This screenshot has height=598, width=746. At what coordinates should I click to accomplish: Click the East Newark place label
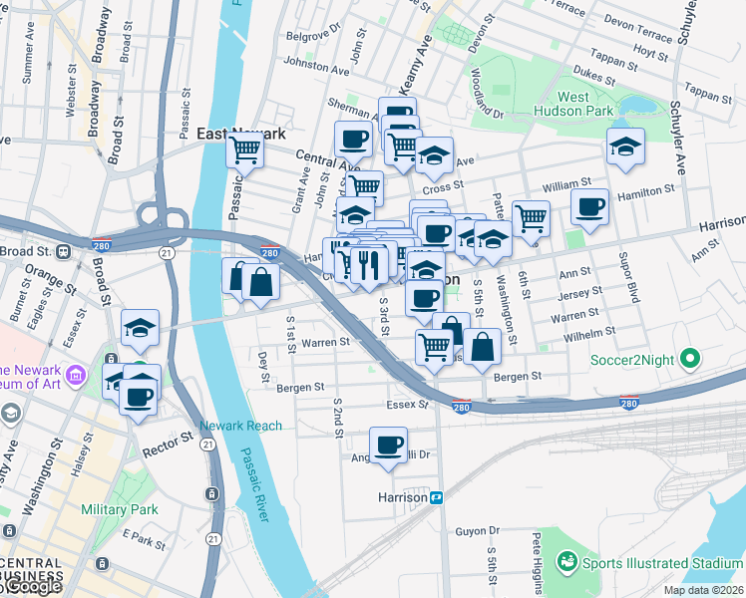tap(241, 133)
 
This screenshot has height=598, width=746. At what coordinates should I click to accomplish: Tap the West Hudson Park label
tap(585, 104)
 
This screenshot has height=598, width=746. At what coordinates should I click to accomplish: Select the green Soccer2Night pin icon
tap(688, 359)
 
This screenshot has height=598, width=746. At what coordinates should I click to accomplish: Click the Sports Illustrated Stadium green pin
tap(566, 562)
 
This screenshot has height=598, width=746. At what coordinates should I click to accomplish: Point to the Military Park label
tap(120, 509)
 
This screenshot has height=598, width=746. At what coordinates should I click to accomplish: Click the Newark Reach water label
tap(240, 426)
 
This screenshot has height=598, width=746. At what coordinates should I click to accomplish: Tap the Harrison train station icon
tap(436, 496)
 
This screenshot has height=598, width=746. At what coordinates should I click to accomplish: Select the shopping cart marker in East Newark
tap(244, 150)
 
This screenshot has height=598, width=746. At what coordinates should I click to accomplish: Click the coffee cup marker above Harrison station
tap(388, 444)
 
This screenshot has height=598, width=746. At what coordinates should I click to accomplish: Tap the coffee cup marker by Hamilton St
tap(589, 206)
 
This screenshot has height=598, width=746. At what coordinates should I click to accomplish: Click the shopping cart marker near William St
tap(531, 216)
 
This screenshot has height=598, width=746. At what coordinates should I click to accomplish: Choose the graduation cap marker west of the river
tap(141, 327)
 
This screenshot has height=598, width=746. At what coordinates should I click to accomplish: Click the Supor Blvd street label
tap(631, 284)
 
